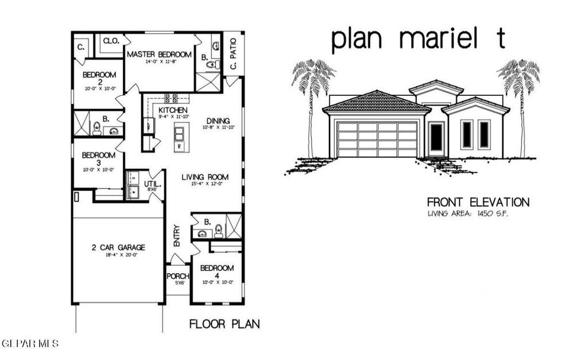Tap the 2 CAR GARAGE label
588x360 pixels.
(x=118, y=247)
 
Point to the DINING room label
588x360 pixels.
(x=218, y=120)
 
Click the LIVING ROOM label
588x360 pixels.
(x=206, y=177)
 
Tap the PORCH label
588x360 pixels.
(x=178, y=276)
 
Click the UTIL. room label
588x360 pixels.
(x=153, y=184)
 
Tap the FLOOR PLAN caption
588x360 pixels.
(x=224, y=324)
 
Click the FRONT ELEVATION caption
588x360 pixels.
(x=478, y=202)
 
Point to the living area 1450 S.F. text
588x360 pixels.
(x=467, y=214)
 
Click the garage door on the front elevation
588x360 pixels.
(x=377, y=139)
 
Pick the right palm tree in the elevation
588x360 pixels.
(x=519, y=92)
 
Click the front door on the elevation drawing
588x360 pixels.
(x=436, y=137)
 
